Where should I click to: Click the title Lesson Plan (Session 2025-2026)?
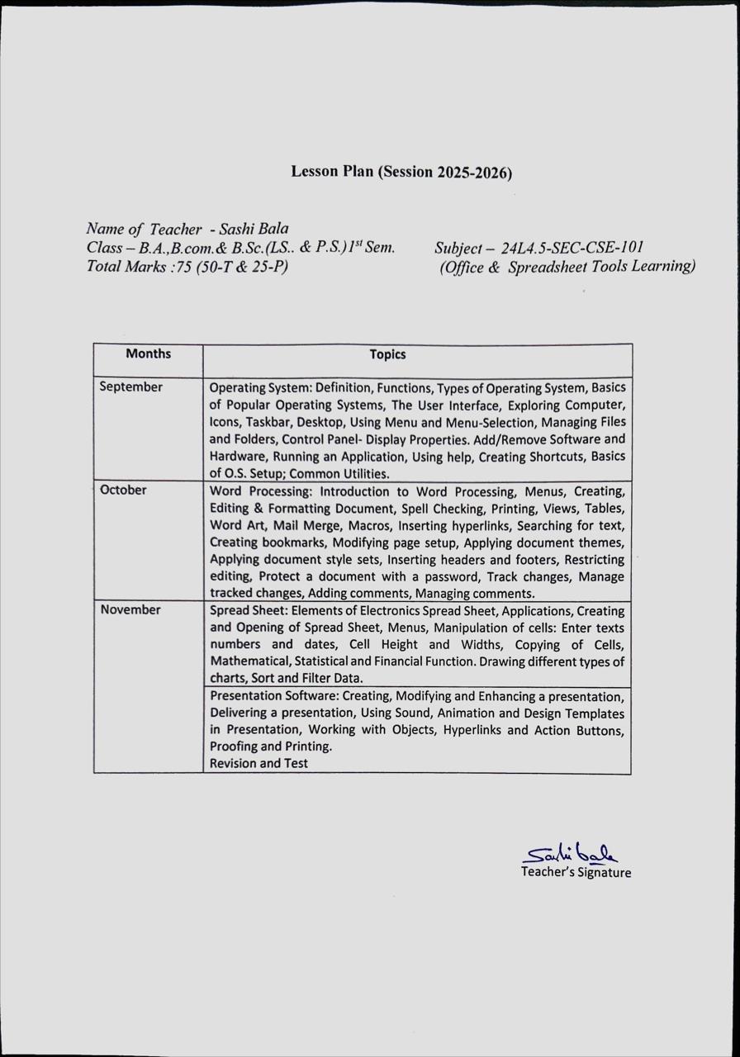[x=401, y=172]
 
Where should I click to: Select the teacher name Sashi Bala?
[x=254, y=229]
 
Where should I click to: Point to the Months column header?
[x=149, y=353]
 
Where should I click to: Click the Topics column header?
[x=387, y=354]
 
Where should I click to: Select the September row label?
[x=131, y=386]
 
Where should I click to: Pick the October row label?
[x=123, y=490]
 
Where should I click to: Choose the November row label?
[x=130, y=609]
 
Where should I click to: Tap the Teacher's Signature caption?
[x=576, y=872]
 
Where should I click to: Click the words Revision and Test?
[x=259, y=763]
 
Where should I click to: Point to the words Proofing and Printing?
[x=271, y=747]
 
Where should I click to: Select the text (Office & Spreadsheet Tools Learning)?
[x=567, y=266]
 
